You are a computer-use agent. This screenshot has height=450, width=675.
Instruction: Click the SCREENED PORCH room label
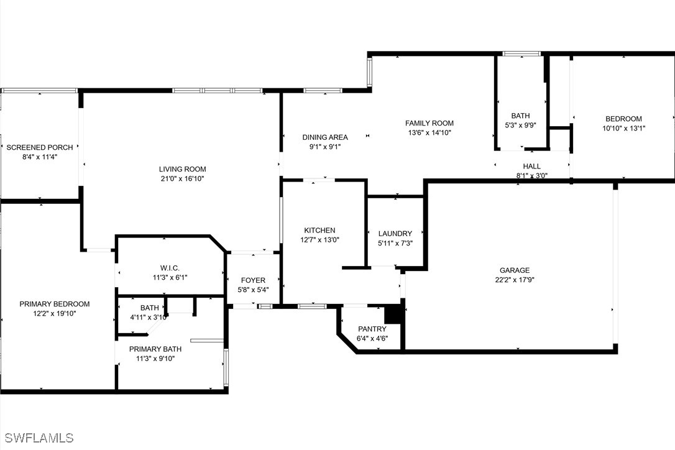coord(40,147)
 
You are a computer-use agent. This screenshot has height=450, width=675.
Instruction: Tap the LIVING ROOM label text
coord(182,169)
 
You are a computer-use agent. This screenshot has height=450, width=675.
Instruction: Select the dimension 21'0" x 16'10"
coord(182,178)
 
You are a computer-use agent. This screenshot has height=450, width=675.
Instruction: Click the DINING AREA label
coord(325,137)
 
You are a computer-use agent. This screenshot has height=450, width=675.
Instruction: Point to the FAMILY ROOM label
coord(429,123)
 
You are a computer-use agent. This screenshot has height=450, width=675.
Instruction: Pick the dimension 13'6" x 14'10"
coord(429,132)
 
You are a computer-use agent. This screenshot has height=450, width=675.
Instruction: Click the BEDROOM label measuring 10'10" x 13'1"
coord(623,119)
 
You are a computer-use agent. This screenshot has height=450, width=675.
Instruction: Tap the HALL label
coord(531,167)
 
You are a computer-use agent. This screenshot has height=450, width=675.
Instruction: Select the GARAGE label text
coord(515,270)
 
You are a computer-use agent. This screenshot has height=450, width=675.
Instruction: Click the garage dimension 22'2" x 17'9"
coord(515,280)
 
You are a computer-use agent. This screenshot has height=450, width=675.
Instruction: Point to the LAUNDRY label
coord(395,234)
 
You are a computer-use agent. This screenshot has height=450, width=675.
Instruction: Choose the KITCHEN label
coord(319,230)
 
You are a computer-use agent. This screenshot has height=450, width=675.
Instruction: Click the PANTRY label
coord(372,329)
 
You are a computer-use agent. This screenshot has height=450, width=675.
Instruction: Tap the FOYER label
coord(253,280)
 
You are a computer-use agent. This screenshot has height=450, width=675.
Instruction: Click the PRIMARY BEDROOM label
coord(55,304)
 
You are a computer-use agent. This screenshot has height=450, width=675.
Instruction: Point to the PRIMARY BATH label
coord(155,349)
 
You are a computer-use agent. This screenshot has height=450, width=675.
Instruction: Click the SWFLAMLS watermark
coord(37,438)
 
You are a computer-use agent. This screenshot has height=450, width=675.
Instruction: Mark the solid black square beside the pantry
coord(393,314)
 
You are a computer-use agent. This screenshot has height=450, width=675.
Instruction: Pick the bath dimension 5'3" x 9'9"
coord(520,125)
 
